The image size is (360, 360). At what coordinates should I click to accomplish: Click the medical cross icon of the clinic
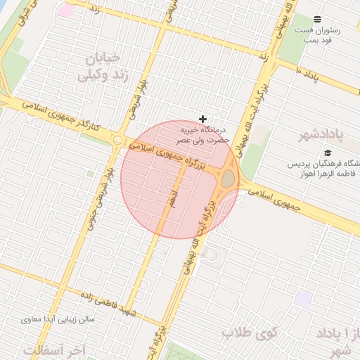pos(203,119)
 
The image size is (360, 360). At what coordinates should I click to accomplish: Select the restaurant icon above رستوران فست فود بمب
pos(317,19)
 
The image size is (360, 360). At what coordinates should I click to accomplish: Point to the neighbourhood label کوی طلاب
pos(251,331)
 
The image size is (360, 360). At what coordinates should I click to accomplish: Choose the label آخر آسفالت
pos(53,349)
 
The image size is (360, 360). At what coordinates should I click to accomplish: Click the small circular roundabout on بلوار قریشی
pos(117,141)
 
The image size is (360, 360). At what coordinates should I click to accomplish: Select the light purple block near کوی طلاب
pos(304,298)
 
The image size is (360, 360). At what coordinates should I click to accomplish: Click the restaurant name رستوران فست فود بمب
pos(317,36)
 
